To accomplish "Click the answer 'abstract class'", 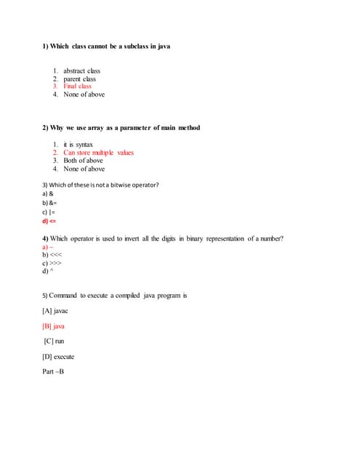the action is click(x=81, y=71).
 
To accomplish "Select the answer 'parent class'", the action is click(x=79, y=78).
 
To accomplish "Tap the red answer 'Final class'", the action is click(x=77, y=86).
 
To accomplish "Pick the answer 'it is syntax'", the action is click(x=78, y=145).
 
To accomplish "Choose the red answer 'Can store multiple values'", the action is click(x=98, y=153).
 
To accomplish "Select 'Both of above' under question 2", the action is click(x=83, y=161).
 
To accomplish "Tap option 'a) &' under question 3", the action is click(x=48, y=194).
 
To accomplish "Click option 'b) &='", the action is click(x=49, y=203).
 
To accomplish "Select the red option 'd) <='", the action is click(x=49, y=221).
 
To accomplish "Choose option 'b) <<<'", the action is click(x=52, y=255).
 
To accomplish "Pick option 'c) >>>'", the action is click(x=52, y=263).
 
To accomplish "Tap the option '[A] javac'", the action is click(x=55, y=311).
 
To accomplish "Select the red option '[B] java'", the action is click(x=54, y=326).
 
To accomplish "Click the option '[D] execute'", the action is click(x=59, y=357).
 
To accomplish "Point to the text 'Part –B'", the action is click(x=54, y=372).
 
